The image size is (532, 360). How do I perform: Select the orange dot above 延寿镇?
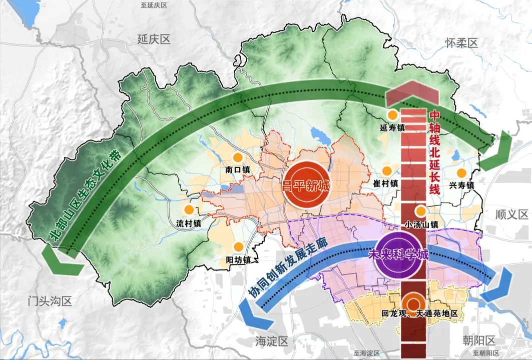point(393,115)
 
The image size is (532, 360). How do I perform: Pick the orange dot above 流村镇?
point(189,210)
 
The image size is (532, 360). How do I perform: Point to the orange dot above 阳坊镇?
point(239,246)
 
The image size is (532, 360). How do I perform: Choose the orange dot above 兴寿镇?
point(461,173)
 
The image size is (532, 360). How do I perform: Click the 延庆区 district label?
point(155,39)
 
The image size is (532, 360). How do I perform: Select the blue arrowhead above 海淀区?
point(254,313)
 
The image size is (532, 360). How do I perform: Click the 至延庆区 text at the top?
point(154,5)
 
